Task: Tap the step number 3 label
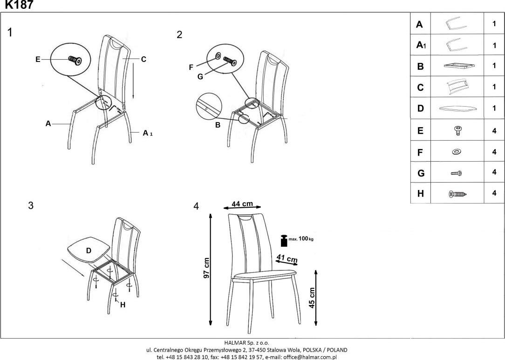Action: [31, 205]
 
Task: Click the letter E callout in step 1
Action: [38, 59]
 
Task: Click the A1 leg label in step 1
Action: [148, 133]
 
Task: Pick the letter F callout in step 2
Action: [191, 68]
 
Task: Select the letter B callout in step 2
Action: [218, 125]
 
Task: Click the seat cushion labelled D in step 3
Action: [89, 250]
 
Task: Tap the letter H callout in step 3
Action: [123, 305]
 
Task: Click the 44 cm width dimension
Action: [242, 204]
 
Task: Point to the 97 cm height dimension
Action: [206, 268]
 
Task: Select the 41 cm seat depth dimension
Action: [287, 258]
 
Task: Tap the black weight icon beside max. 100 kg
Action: [284, 240]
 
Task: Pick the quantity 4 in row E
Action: [494, 131]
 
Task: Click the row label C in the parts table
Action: [420, 87]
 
